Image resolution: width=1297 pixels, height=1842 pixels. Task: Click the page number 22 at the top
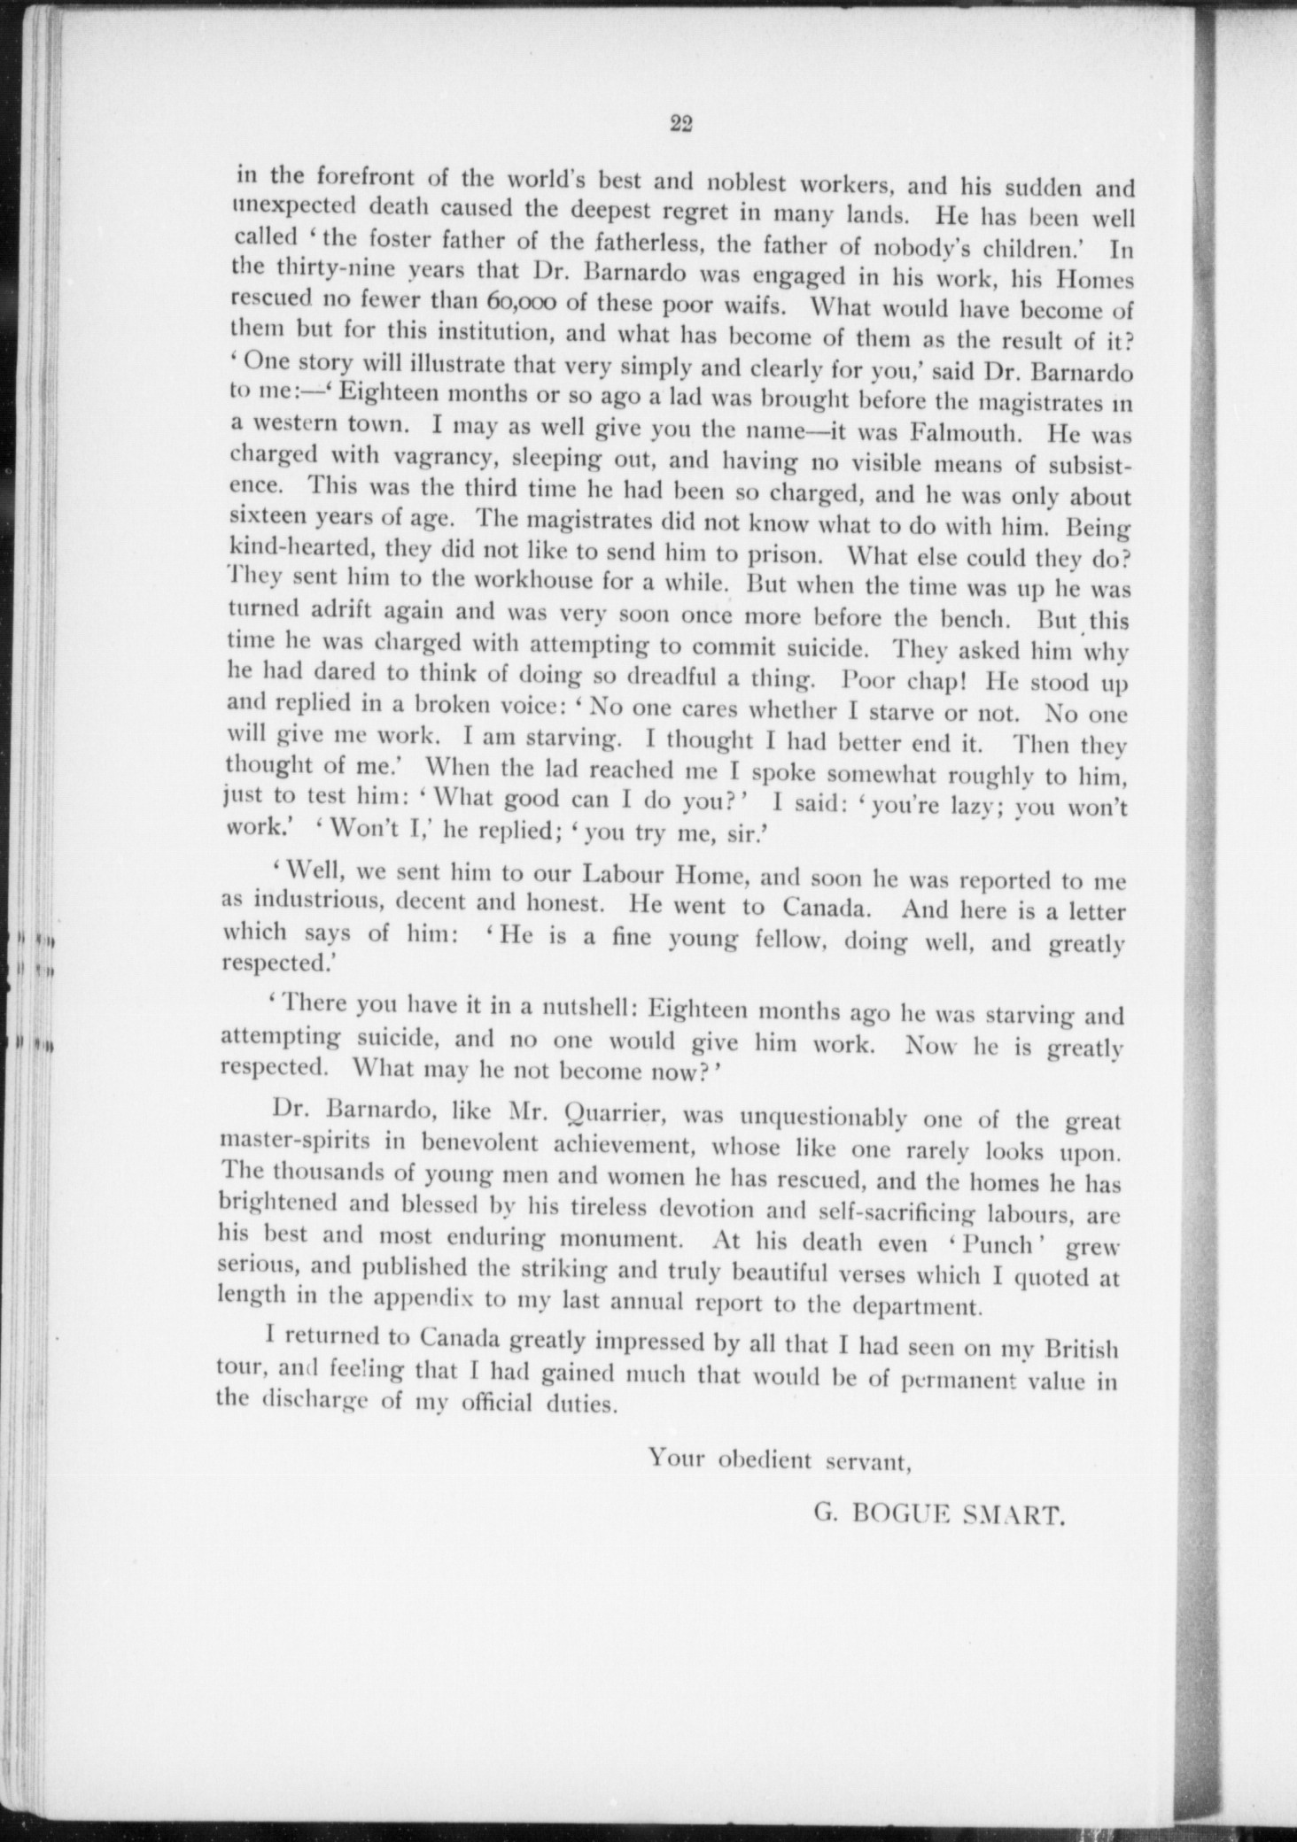pos(680,125)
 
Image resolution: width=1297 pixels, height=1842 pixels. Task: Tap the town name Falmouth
pos(964,434)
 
